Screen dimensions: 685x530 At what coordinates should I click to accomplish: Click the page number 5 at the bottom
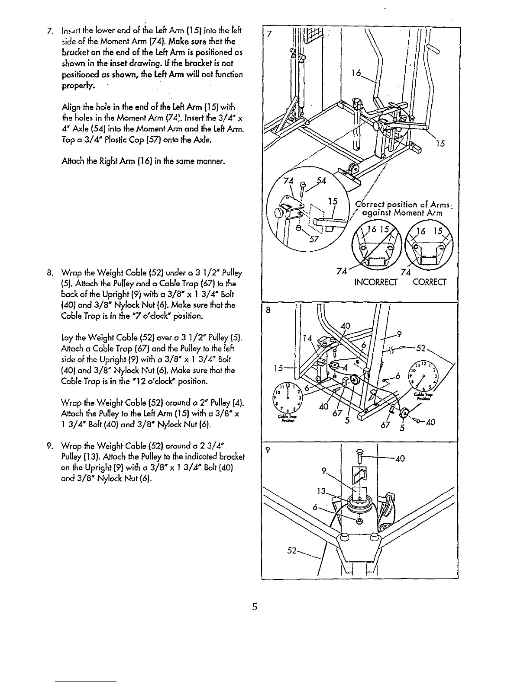255,607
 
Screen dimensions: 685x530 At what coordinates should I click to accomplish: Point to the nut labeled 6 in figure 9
359,521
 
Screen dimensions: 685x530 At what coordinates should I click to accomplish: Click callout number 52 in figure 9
293,551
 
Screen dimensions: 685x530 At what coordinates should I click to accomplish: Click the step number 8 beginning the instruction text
49,273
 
